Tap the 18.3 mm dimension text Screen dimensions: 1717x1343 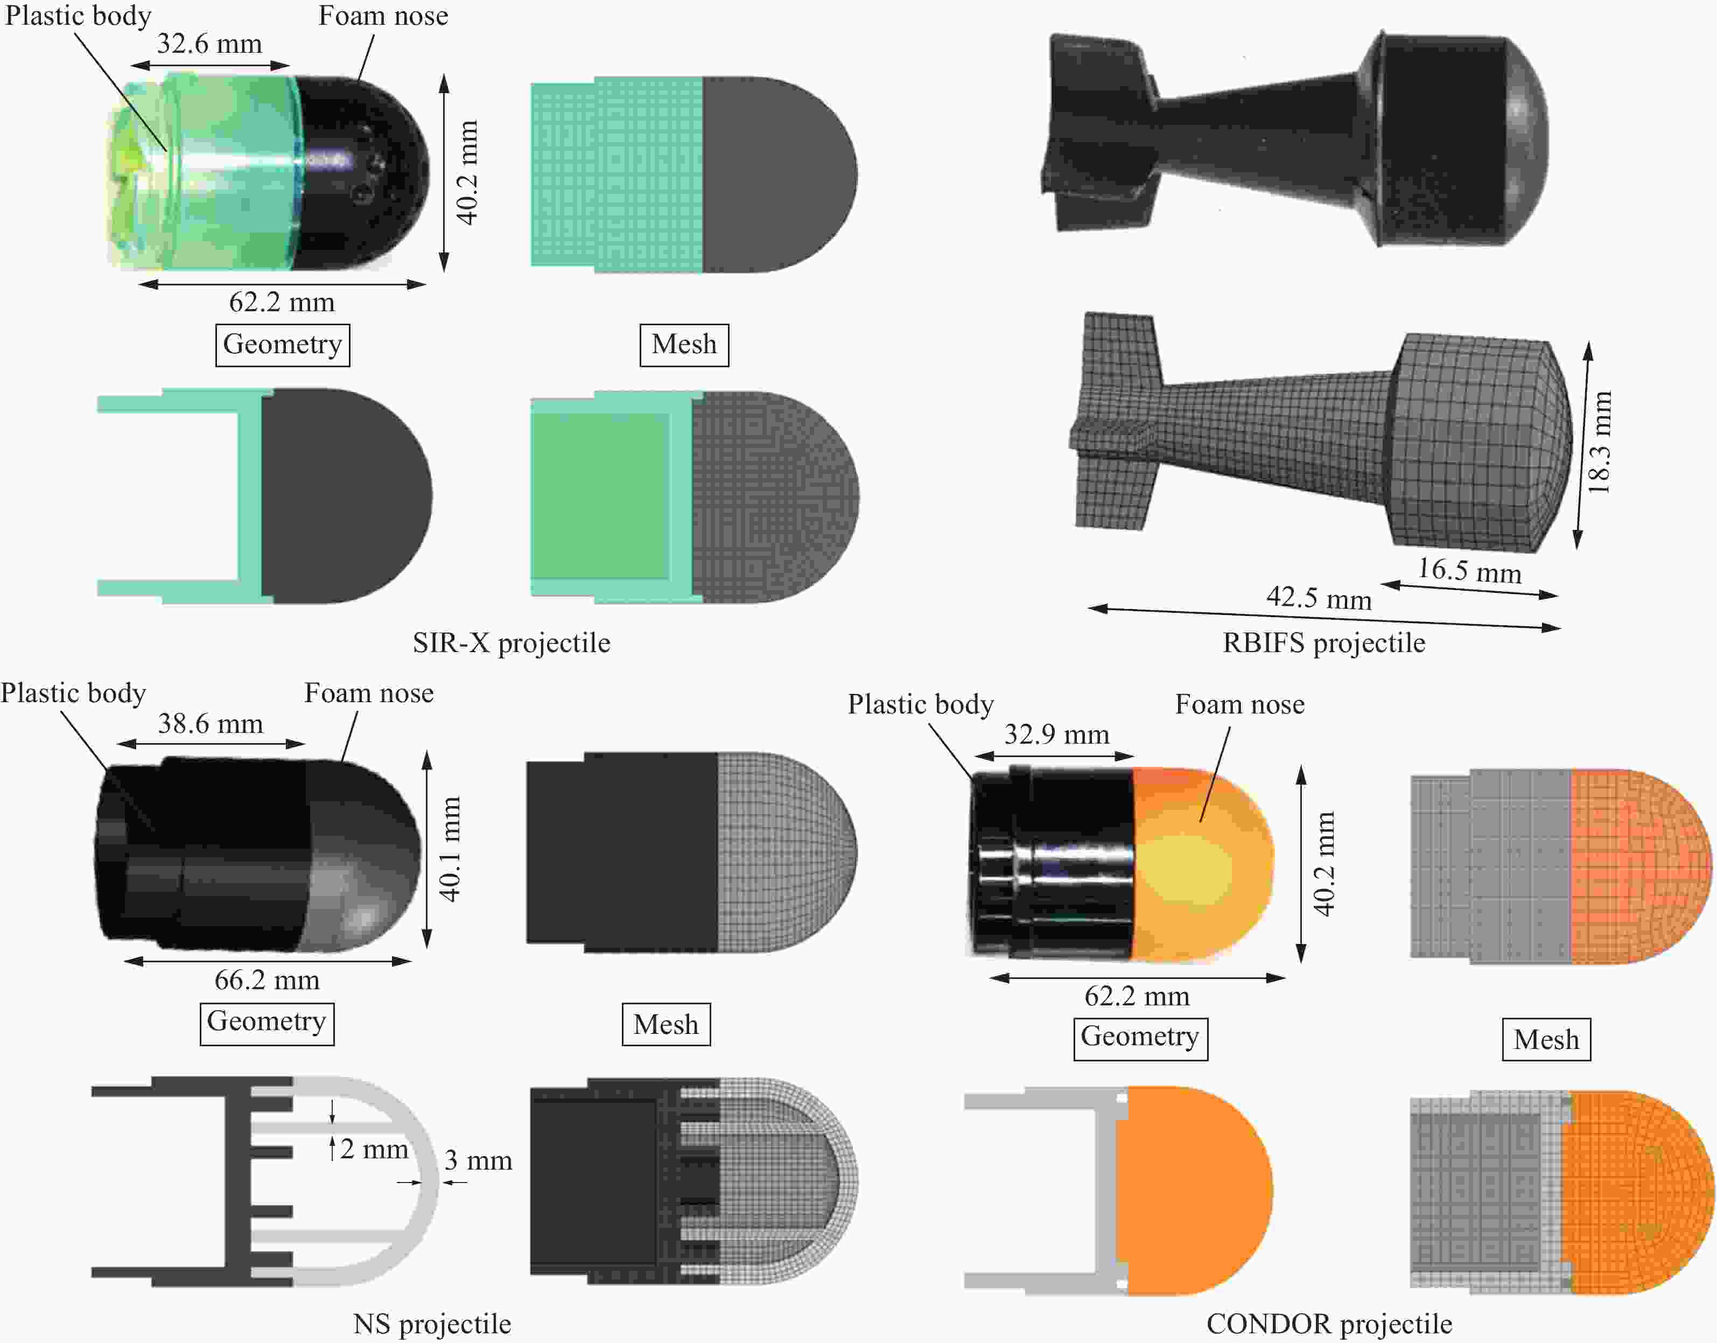(1599, 443)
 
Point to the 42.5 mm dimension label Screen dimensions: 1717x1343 (1319, 598)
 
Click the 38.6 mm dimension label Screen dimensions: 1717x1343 (211, 723)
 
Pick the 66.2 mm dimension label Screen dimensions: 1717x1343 (267, 980)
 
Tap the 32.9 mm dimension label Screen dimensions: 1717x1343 (1056, 735)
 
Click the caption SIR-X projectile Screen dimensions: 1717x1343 (511, 643)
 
